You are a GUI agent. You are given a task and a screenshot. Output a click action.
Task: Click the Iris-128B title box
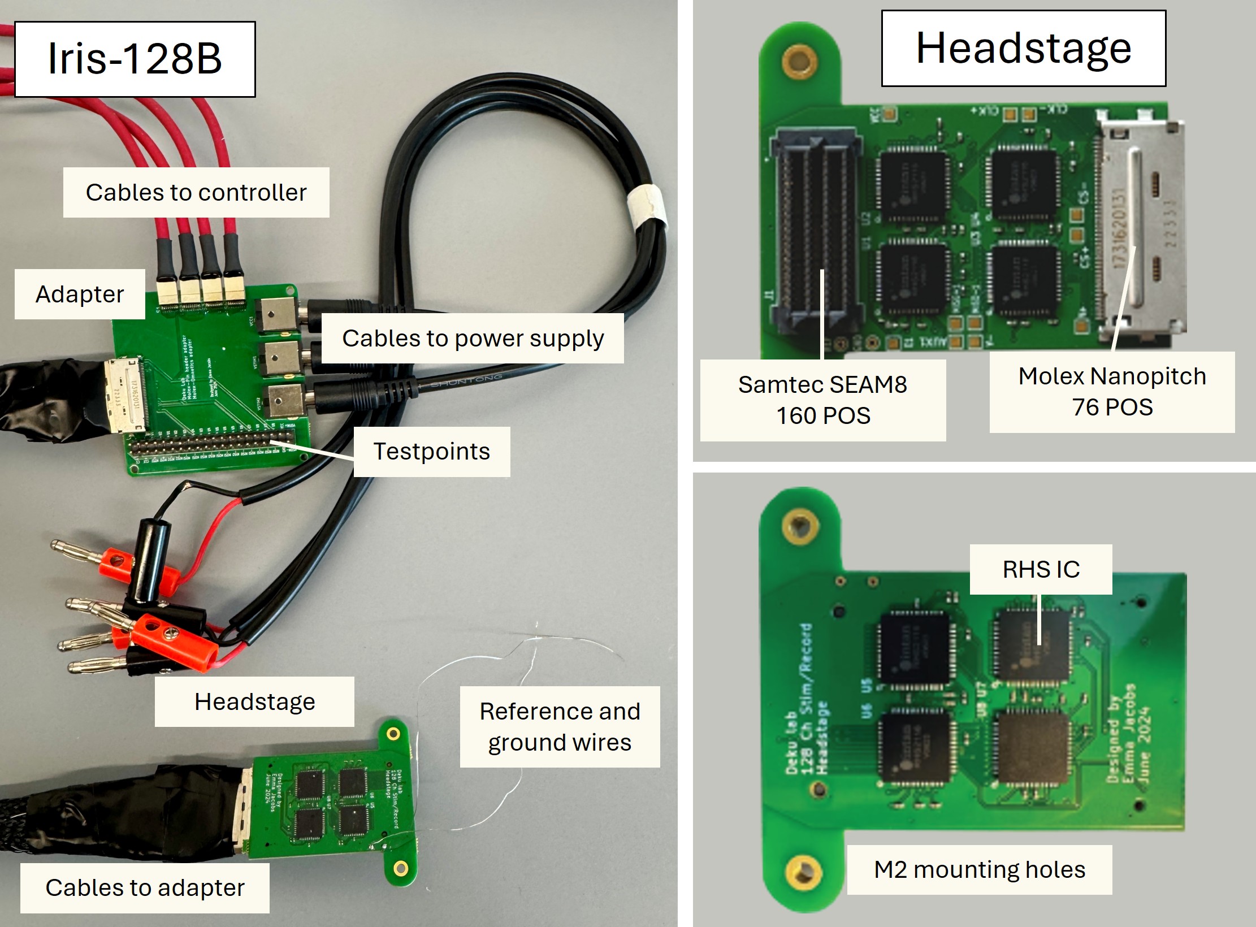tap(135, 59)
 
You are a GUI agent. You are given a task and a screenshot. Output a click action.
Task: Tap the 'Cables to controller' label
tap(196, 192)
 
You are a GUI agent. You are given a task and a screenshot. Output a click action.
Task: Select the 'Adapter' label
tap(80, 294)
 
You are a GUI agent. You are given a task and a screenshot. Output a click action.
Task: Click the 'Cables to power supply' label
tap(473, 338)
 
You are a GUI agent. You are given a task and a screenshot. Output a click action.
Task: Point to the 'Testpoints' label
tap(431, 452)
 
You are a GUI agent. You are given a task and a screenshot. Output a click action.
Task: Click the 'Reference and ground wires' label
tap(560, 726)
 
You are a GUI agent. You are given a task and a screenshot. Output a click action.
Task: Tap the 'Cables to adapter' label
tap(145, 887)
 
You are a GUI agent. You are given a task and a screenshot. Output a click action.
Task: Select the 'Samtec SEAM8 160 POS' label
tap(822, 400)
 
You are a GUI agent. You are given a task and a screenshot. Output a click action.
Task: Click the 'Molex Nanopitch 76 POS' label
tap(1112, 391)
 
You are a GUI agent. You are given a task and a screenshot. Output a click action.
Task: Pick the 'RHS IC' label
tap(1041, 569)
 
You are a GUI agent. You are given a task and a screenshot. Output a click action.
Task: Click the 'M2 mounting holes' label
tap(979, 869)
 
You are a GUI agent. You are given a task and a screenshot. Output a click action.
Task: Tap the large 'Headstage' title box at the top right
tap(1023, 49)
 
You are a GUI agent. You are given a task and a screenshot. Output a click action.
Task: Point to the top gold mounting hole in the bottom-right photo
tap(800, 526)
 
